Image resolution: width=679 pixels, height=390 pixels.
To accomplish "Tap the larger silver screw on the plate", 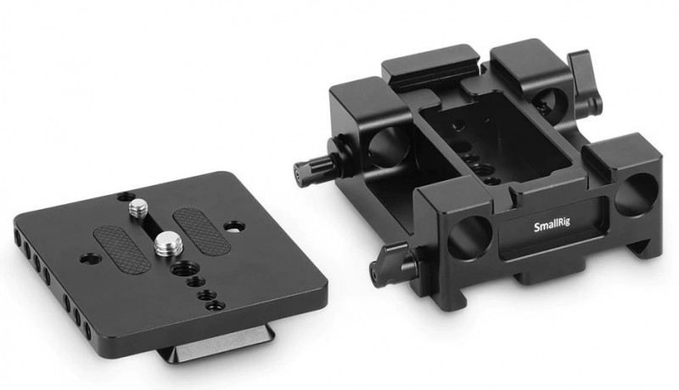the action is pos(165,243).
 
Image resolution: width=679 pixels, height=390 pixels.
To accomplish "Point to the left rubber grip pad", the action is pos(122,250).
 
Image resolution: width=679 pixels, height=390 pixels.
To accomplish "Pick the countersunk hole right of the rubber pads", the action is pos(234,226).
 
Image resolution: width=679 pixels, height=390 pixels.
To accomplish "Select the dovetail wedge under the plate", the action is pos(216,349).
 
